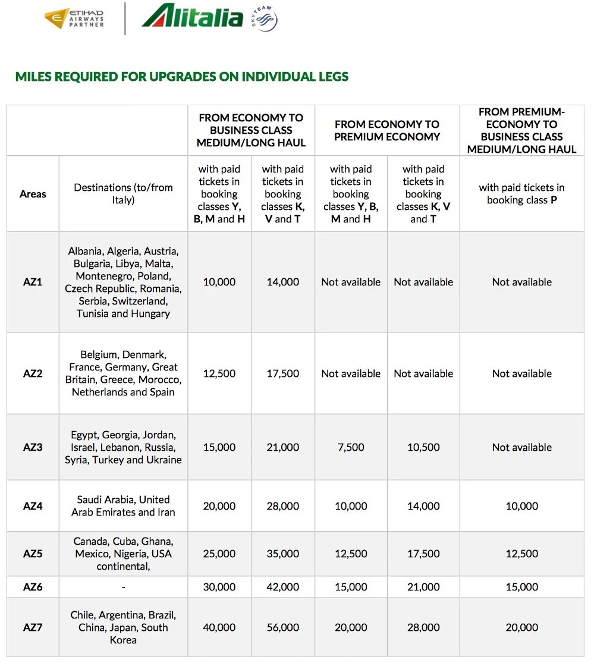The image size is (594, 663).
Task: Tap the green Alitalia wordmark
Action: [x=192, y=17]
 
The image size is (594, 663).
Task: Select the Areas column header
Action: [x=33, y=194]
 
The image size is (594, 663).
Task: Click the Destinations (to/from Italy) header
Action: [x=123, y=194]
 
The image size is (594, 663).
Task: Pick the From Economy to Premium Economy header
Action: [x=386, y=130]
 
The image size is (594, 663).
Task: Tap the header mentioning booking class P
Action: [x=521, y=194]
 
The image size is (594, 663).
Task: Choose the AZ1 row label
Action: [x=33, y=282]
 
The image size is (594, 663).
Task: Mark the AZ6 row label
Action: [x=33, y=587]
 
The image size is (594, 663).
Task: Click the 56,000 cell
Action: [x=283, y=627]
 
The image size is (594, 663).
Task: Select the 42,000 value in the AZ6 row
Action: [x=283, y=587]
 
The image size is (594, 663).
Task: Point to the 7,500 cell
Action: [x=351, y=447]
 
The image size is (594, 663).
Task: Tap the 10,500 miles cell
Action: [x=423, y=447]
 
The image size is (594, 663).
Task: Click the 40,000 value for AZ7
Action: [x=219, y=627]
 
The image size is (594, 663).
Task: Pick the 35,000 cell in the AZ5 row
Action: [x=283, y=554]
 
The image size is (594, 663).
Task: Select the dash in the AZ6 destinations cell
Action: [x=123, y=587]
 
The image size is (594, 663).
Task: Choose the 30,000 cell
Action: [x=219, y=587]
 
